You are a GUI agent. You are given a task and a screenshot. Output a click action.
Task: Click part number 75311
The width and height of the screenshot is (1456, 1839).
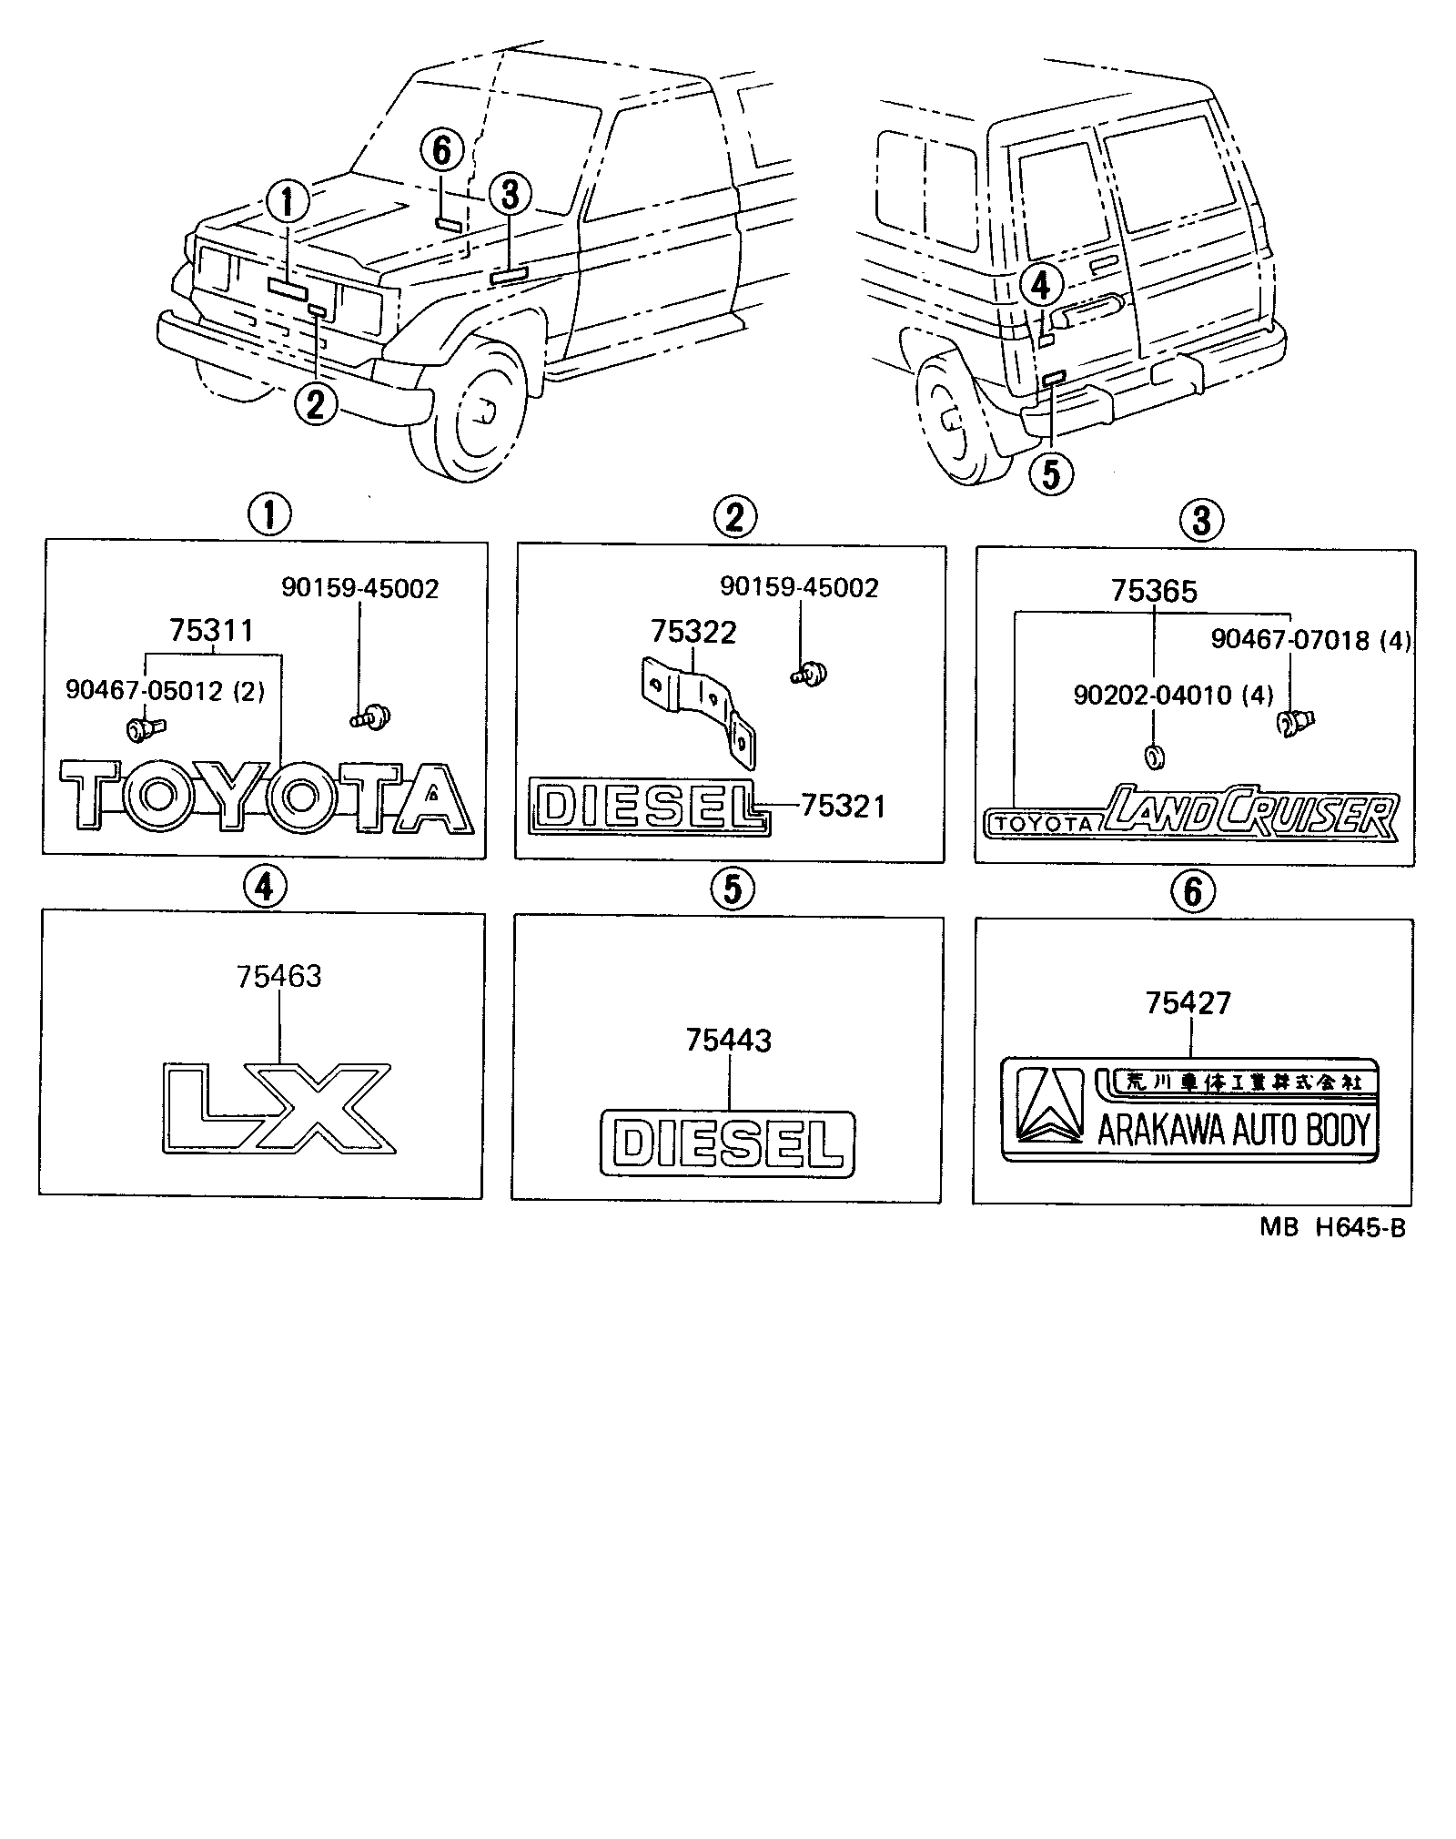point(211,630)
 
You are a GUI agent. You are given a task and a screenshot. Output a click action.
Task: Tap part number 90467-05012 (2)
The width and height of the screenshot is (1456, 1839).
point(165,691)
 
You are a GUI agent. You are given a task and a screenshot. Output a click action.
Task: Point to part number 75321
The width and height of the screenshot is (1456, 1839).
point(843,807)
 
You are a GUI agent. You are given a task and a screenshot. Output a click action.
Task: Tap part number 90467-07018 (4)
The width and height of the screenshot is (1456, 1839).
point(1310,641)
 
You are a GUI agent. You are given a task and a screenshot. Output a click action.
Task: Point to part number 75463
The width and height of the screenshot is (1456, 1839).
point(279,977)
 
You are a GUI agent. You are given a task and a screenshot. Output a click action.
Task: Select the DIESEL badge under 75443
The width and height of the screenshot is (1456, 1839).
point(728,1143)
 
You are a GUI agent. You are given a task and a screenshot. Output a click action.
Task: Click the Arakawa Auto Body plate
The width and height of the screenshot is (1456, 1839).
point(1190,1109)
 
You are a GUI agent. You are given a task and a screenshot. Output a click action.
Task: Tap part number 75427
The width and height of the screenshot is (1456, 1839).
point(1188,1003)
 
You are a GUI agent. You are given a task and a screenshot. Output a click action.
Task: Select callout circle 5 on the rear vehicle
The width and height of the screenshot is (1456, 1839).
point(1051,473)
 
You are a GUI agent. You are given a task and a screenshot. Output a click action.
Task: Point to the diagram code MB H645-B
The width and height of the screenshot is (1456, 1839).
point(1332,1228)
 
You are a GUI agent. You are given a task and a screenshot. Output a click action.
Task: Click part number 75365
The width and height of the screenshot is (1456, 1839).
point(1154,592)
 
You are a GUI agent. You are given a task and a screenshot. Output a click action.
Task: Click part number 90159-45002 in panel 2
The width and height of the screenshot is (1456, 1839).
point(799,587)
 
